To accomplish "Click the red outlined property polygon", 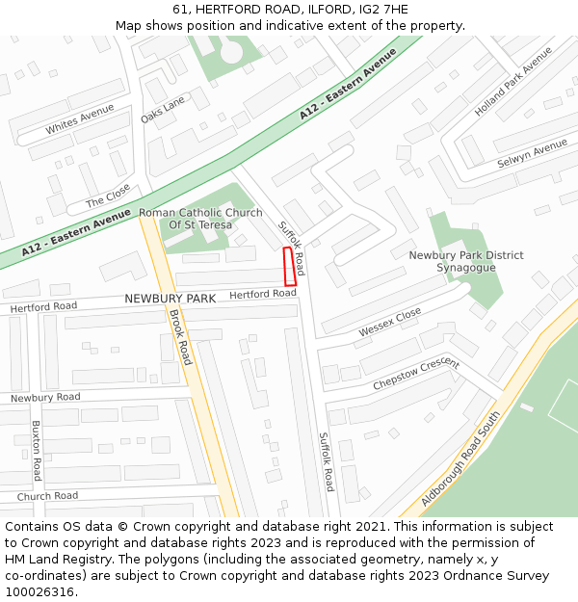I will [x=290, y=262].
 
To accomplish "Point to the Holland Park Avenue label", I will [x=513, y=81].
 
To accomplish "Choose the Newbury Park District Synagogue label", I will [x=466, y=261].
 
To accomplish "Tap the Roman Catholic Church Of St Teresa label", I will [x=200, y=219].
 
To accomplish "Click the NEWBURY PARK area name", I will [x=170, y=299].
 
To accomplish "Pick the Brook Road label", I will [x=180, y=336].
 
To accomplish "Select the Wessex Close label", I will [x=390, y=323].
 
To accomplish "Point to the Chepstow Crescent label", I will [x=416, y=375].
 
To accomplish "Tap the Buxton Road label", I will [x=37, y=450].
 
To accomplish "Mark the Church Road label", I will [x=46, y=496].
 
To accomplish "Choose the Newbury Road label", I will [x=45, y=397].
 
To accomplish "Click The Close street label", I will [x=108, y=196].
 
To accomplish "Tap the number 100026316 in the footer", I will [x=39, y=591].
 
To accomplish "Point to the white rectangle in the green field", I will [x=526, y=407].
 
